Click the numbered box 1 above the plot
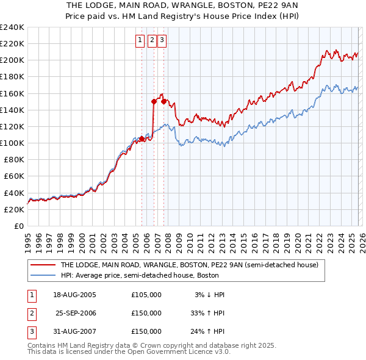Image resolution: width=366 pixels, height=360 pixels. click(x=140, y=41)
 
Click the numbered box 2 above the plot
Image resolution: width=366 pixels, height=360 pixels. click(x=152, y=41)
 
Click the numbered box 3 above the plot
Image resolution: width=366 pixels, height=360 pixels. click(x=163, y=41)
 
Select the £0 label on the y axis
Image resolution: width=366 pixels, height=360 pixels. click(x=19, y=226)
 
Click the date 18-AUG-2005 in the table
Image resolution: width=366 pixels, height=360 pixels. click(x=75, y=295)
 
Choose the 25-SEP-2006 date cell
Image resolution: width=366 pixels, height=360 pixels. click(x=76, y=313)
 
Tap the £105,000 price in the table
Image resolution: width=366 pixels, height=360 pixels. click(x=146, y=295)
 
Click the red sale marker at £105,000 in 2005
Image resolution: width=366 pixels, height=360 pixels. click(x=142, y=139)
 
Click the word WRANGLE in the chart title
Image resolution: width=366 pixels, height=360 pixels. click(x=181, y=5)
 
